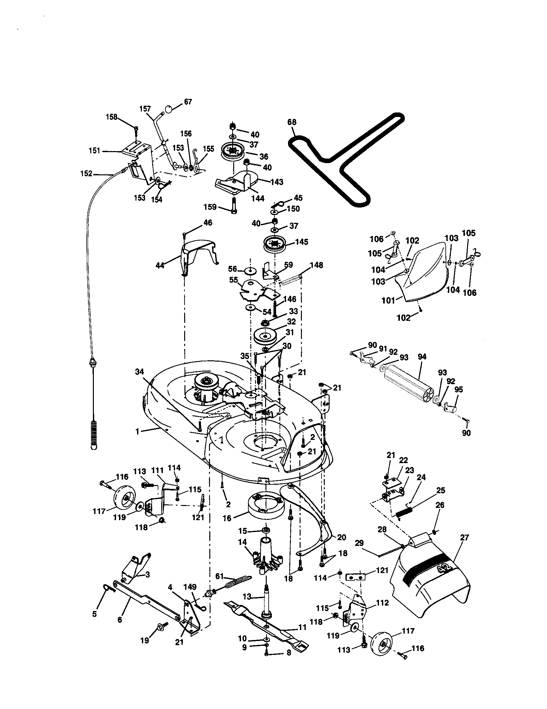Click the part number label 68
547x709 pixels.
pos(292,122)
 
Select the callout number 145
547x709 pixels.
pos(302,242)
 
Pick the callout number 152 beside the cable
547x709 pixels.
pos(86,174)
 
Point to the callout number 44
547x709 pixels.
pos(160,265)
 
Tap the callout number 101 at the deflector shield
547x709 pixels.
pos(388,300)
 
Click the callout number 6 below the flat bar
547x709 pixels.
pos(120,619)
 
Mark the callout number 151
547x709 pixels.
pos(94,151)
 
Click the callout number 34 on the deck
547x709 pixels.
pos(139,372)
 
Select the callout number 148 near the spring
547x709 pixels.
pos(316,265)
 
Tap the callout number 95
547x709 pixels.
pos(458,389)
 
